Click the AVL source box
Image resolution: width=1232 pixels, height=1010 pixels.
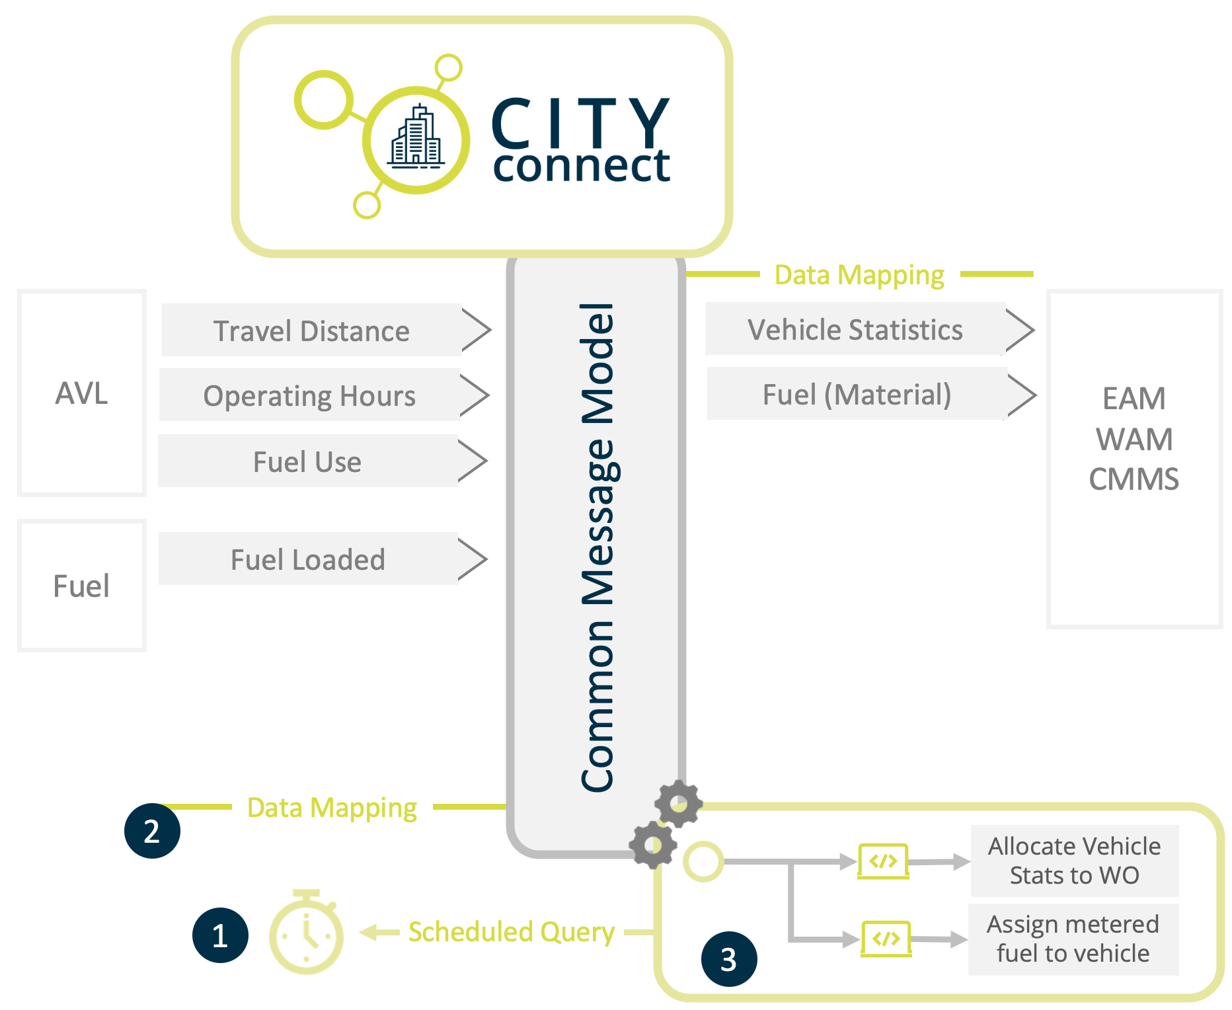click(81, 393)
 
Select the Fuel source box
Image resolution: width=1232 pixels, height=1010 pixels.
click(81, 586)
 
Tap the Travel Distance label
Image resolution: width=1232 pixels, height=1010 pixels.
click(311, 330)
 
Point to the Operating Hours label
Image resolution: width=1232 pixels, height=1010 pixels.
click(309, 395)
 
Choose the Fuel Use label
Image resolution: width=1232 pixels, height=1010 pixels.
click(307, 461)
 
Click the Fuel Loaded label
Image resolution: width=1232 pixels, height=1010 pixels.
click(308, 559)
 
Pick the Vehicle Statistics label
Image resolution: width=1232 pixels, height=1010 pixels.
click(855, 329)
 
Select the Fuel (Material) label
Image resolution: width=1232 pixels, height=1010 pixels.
click(857, 394)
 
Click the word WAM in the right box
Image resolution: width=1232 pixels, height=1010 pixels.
click(1134, 439)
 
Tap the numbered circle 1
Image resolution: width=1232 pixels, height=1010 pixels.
click(220, 935)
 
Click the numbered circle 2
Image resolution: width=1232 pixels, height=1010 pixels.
click(152, 830)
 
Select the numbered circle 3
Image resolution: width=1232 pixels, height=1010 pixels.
click(728, 958)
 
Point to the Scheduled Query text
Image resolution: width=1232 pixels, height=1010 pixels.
click(511, 932)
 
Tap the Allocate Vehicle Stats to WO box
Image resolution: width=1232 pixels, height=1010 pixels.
click(1074, 861)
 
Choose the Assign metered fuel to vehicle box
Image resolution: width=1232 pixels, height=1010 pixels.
click(1073, 939)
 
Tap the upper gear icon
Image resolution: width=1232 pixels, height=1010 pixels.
click(678, 803)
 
